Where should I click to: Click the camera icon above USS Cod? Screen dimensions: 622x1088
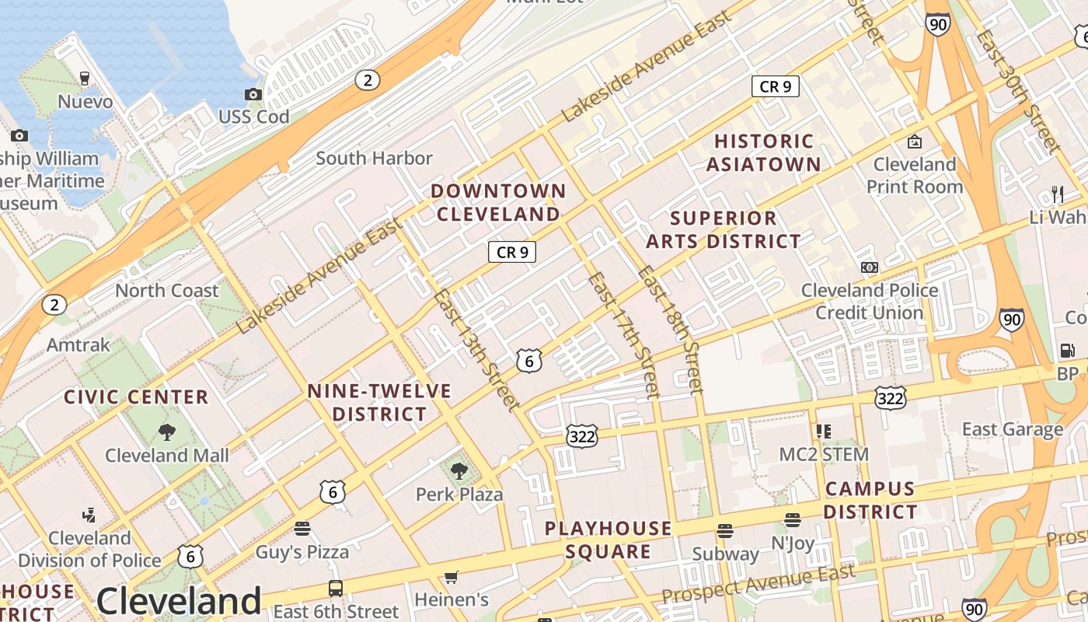(x=253, y=95)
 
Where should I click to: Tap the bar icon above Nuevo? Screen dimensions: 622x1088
(x=85, y=78)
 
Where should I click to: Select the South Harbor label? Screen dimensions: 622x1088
(x=374, y=158)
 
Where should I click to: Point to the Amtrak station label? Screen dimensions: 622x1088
(x=78, y=344)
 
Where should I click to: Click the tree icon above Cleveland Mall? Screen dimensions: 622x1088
(x=166, y=432)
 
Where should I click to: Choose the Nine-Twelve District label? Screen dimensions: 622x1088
(x=379, y=402)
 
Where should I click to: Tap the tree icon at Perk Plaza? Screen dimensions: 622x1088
(x=459, y=470)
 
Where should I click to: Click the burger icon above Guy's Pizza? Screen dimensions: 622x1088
(x=302, y=529)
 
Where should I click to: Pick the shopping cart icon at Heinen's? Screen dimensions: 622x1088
(x=451, y=577)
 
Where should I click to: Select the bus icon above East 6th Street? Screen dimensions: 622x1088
(x=336, y=589)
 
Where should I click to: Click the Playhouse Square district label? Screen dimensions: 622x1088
(x=608, y=540)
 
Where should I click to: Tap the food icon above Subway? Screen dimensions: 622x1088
(x=725, y=531)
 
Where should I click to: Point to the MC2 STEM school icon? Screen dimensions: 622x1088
(x=824, y=431)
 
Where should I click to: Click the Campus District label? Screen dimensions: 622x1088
(x=870, y=500)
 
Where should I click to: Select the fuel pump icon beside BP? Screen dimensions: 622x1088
(x=1067, y=351)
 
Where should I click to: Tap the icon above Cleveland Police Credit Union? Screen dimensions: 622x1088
(x=870, y=267)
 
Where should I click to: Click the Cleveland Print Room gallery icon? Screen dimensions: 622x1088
(x=915, y=142)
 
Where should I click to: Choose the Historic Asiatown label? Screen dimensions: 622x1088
(x=764, y=152)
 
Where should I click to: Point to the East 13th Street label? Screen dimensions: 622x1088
(x=475, y=349)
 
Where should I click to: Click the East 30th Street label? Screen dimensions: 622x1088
(x=1018, y=91)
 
